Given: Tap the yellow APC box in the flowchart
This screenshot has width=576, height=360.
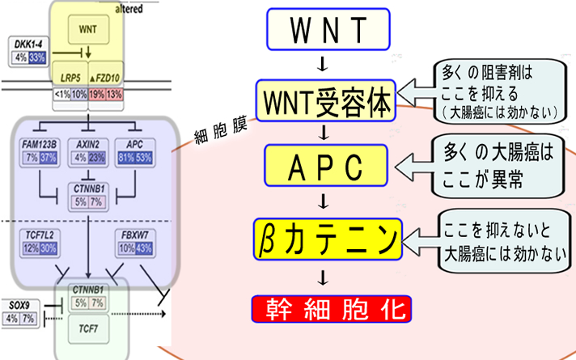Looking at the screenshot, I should tap(326, 167).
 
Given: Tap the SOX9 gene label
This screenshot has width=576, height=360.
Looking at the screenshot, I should tap(21, 306).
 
